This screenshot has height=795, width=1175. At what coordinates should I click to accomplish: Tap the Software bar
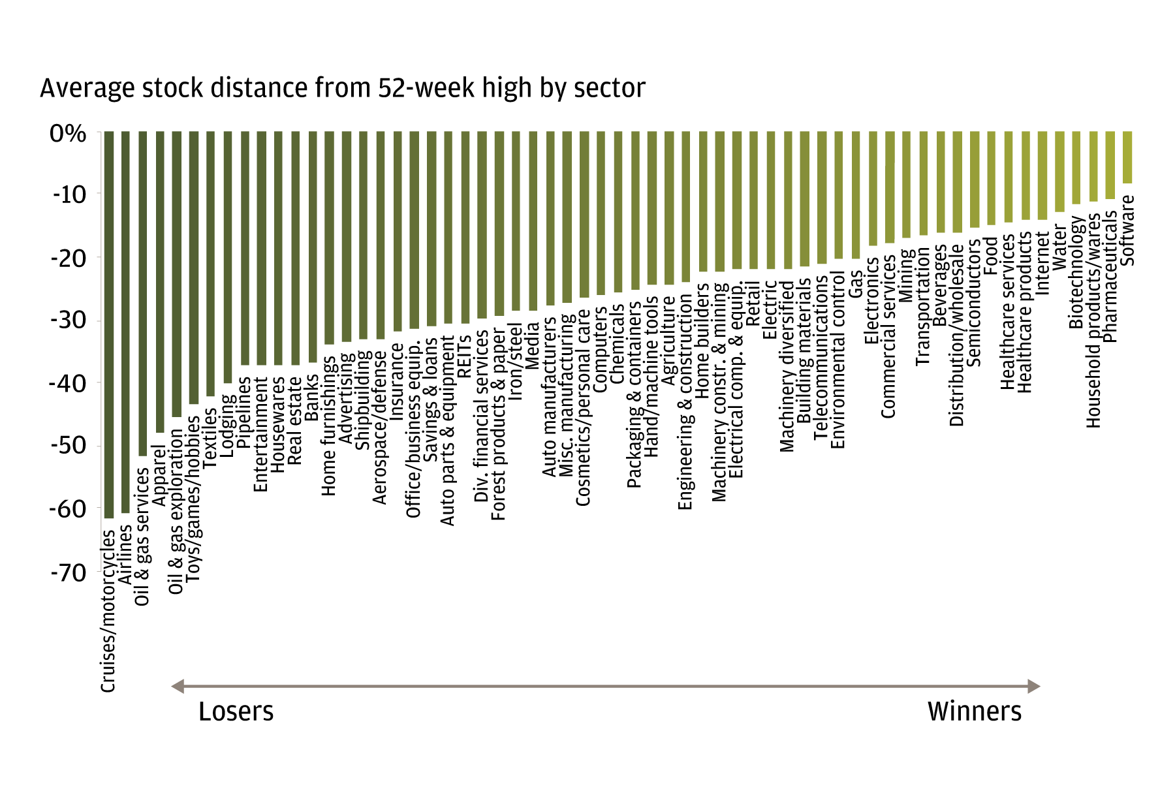tap(1127, 157)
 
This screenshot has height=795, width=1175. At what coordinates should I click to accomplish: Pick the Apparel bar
tap(160, 281)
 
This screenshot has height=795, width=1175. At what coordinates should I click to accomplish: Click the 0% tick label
tap(68, 134)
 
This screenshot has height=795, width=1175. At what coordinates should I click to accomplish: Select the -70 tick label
tap(68, 573)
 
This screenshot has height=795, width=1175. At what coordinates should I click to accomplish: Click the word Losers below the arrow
tap(236, 711)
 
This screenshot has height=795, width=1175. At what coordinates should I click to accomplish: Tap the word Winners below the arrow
tap(974, 711)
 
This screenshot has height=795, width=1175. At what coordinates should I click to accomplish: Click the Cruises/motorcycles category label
tap(108, 610)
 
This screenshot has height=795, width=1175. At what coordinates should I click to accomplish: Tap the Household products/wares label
tap(1093, 320)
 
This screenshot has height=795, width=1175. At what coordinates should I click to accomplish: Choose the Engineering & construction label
tap(685, 401)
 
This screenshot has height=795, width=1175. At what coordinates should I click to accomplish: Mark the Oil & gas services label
tap(142, 537)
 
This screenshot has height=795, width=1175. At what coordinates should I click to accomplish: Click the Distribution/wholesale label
tap(957, 335)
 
